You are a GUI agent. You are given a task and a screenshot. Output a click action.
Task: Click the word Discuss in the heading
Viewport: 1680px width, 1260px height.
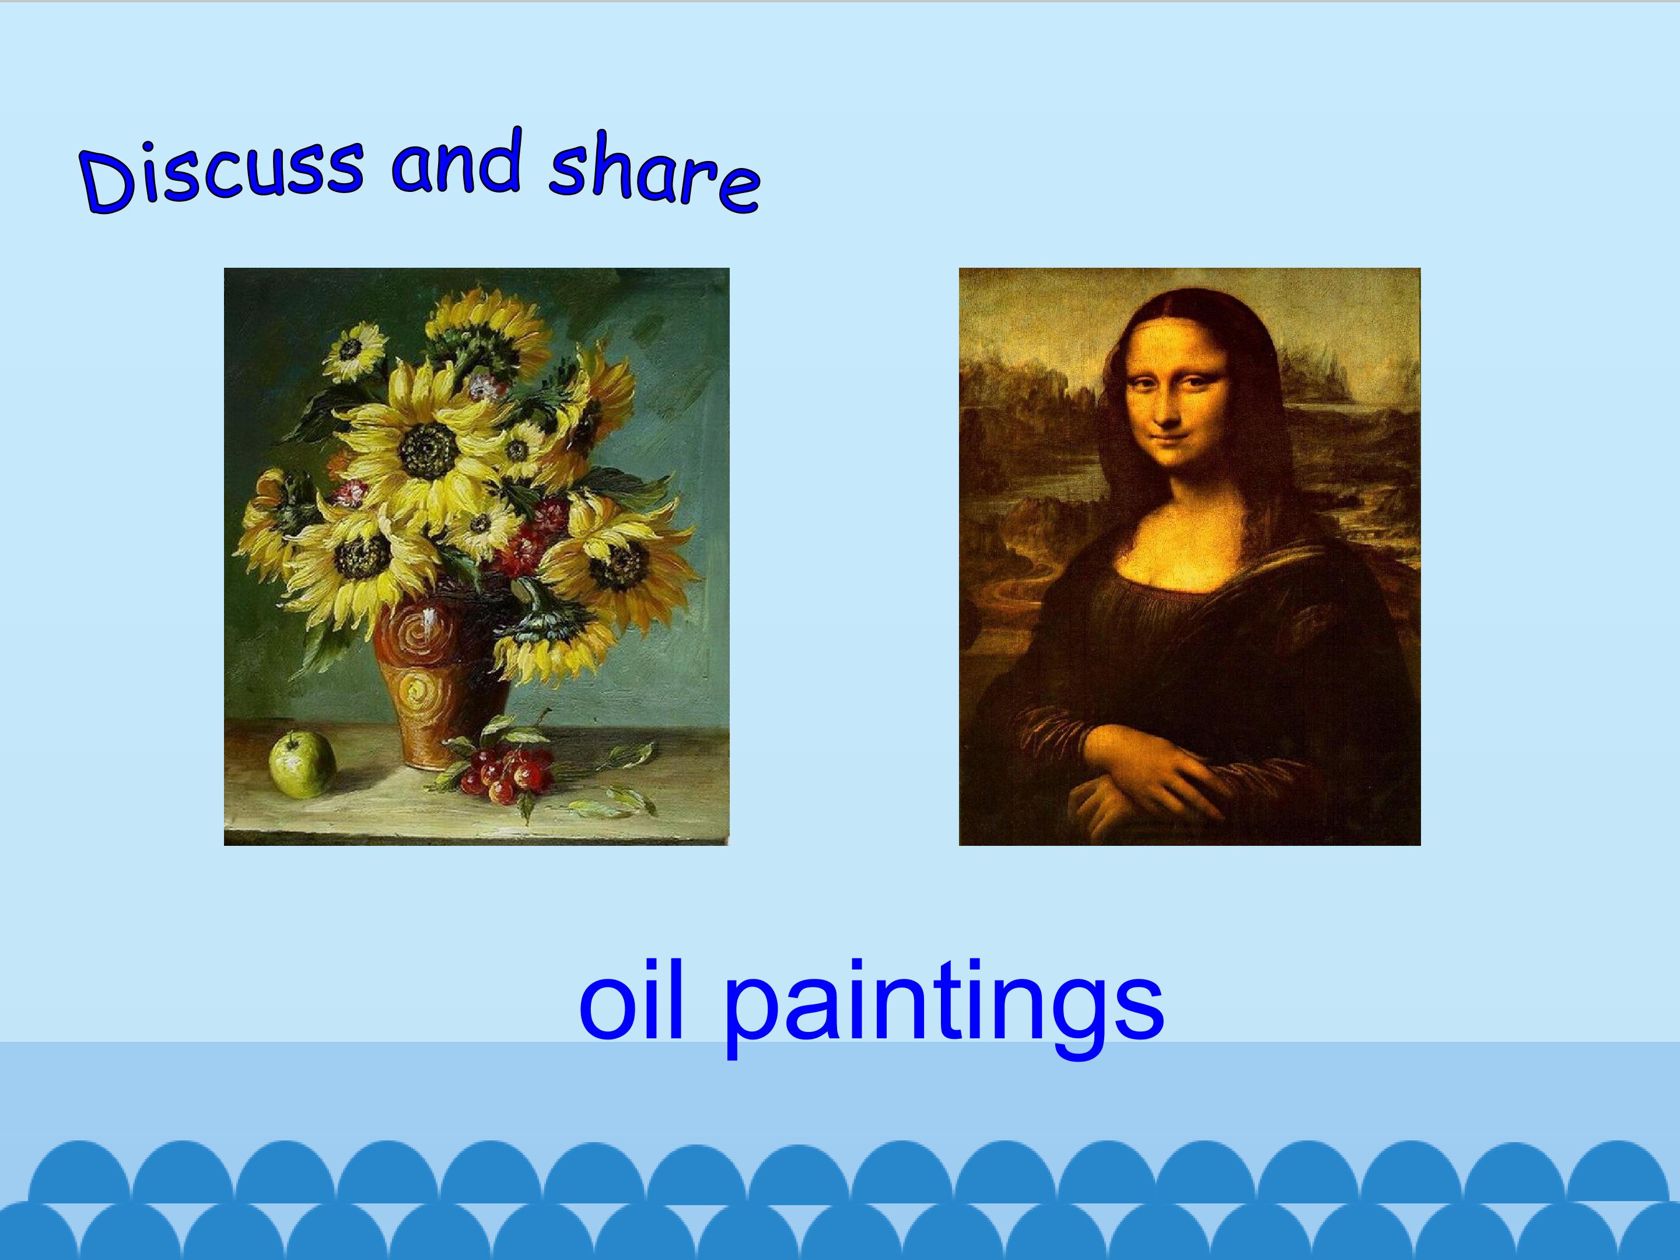pos(221,176)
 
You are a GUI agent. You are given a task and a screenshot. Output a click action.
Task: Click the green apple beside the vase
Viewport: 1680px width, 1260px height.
pos(302,764)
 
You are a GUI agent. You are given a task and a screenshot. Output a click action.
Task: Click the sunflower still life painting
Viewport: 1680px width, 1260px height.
pos(476,556)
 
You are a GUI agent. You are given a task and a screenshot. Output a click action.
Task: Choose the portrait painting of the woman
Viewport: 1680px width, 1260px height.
pos(1189,556)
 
